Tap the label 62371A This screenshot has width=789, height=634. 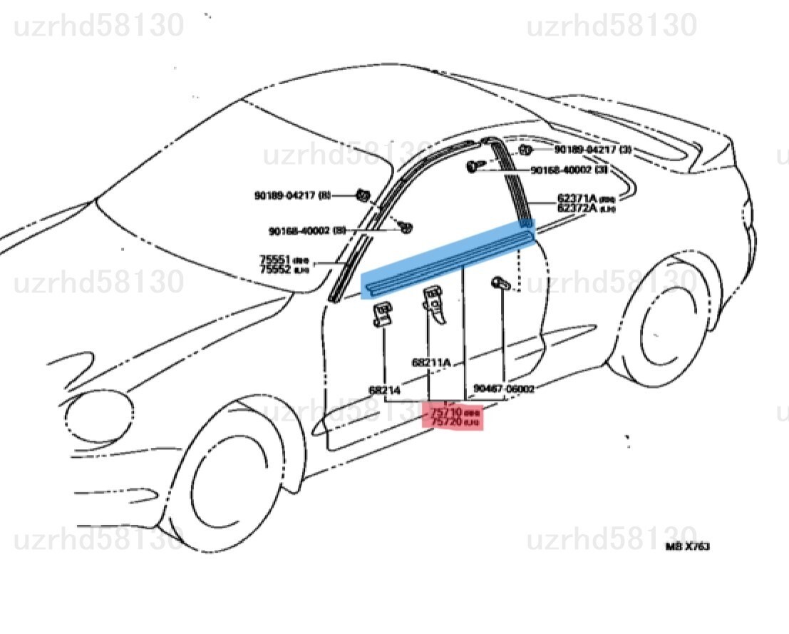(x=572, y=199)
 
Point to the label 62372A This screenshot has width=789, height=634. (x=572, y=208)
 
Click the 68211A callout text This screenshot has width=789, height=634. (x=431, y=362)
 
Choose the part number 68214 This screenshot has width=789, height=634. (x=384, y=390)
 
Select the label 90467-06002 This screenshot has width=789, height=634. (x=505, y=389)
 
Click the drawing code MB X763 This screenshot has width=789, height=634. (x=687, y=546)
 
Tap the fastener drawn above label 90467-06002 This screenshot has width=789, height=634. (x=499, y=285)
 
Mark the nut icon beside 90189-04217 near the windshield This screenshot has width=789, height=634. (x=362, y=195)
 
